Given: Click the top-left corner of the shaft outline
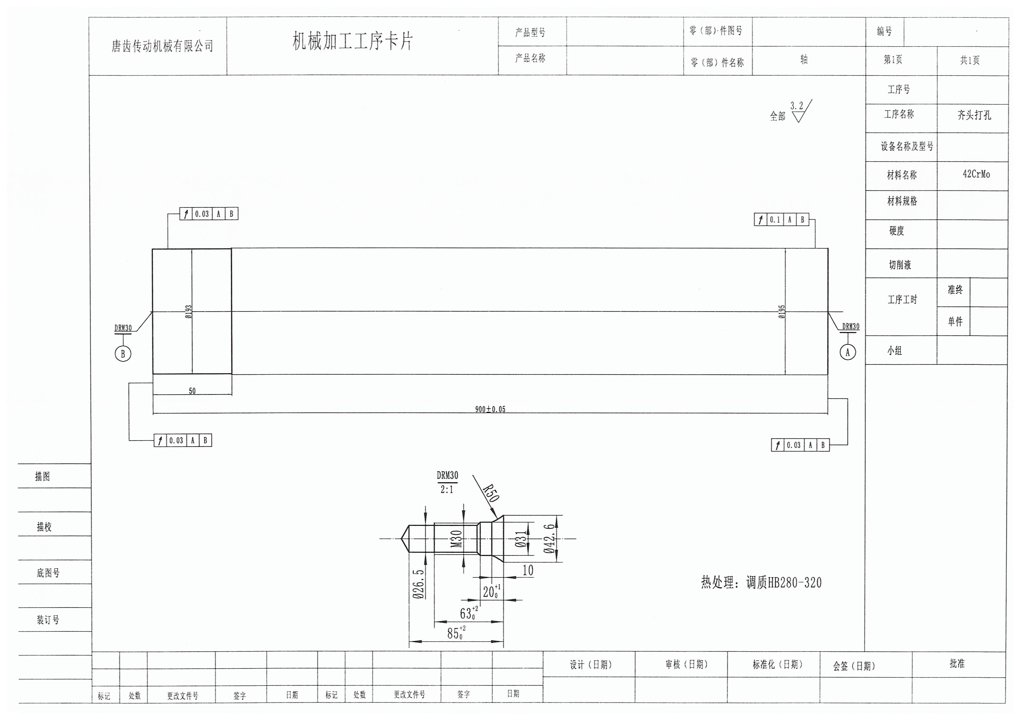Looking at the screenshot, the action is [152, 249].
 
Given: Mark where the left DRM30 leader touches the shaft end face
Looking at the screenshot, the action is [152, 312].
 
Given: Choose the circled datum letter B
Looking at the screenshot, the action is [123, 354].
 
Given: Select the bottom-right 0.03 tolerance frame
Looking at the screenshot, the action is [800, 445].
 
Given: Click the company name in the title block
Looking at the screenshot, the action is [162, 46].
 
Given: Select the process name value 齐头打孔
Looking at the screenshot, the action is [974, 115].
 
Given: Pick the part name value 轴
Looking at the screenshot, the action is [804, 60].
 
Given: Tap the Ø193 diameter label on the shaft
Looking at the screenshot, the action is [188, 312].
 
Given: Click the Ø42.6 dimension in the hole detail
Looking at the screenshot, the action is [549, 538].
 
